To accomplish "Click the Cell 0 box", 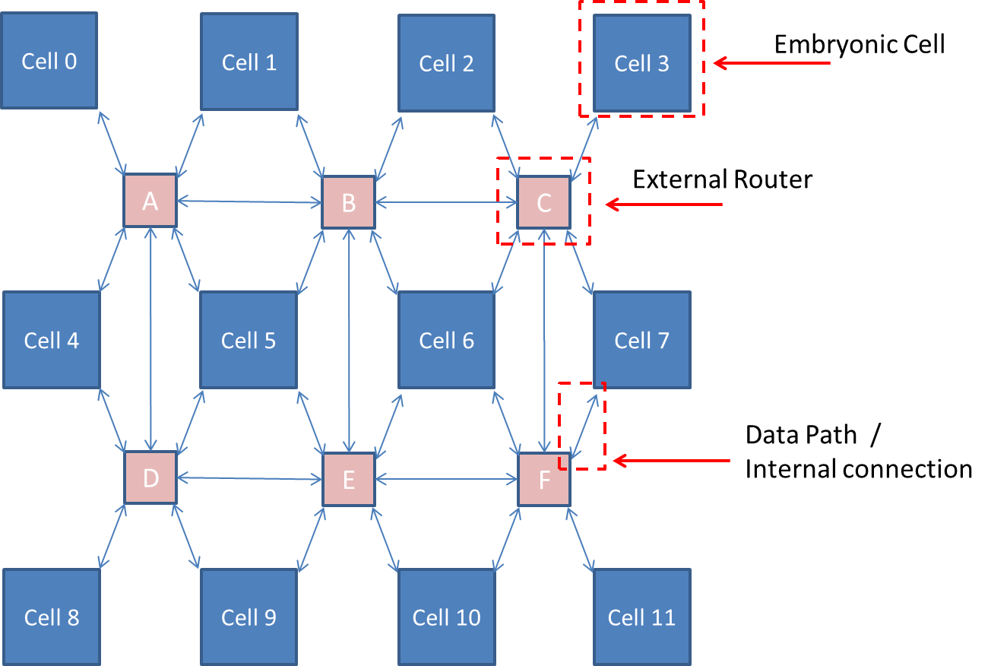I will pos(49,61).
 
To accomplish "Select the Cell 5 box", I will pos(249,340).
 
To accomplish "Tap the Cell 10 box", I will pos(447,617).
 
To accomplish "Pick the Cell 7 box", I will pos(642,340).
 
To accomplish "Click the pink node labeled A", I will pos(150,201).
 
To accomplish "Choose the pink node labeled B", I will pos(349,202).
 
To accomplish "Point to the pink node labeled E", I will pos(349,480).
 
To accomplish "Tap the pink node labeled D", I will pos(150,478).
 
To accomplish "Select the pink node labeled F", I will pos(544,480).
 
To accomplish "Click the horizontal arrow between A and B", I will pos(249,202).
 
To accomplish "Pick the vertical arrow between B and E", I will pos(349,340).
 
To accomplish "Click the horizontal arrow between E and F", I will pos(447,479).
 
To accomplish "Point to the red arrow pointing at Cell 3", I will pos(771,63).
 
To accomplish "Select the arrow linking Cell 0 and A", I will pos(112,142).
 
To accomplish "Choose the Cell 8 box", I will pos(52,617).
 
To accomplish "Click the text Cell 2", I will pos(447,63).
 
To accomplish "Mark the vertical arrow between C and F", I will pos(545,340).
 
